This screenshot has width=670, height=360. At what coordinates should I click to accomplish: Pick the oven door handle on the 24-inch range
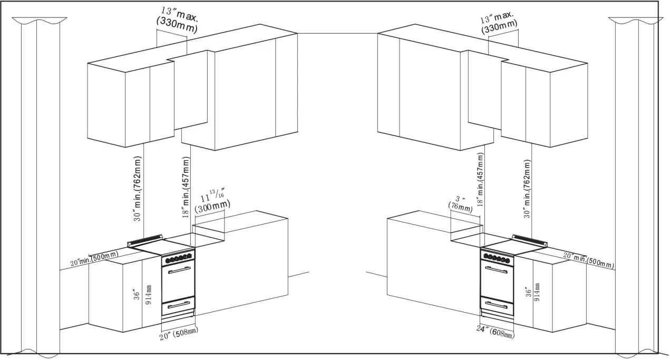pos(497,269)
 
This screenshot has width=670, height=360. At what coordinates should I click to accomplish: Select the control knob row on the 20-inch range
pos(178,259)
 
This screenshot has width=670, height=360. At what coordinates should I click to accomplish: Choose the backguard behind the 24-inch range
pos(530,240)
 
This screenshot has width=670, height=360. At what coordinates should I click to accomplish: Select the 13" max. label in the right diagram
pos(499,24)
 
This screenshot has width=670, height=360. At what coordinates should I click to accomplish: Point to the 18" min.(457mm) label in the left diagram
pos(185,187)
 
